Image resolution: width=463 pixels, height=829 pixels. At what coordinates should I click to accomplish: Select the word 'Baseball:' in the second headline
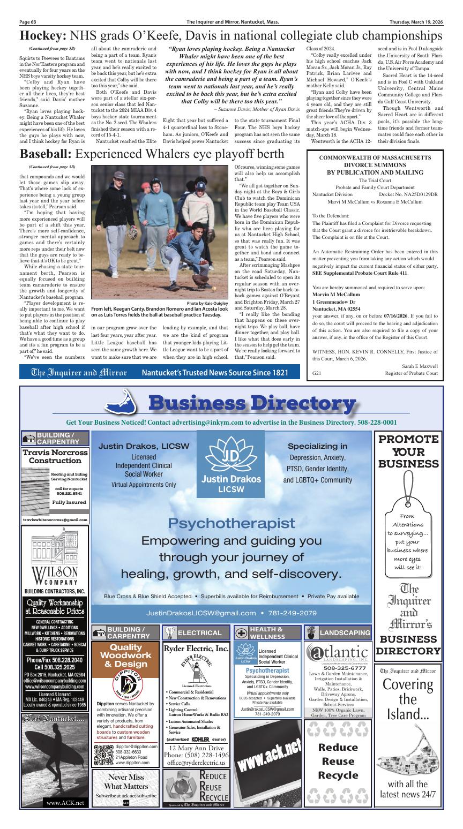(46, 154)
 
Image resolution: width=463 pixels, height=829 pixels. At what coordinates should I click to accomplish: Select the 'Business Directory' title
(251, 403)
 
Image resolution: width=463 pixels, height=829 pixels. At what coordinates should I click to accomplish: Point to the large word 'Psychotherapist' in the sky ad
(231, 522)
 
